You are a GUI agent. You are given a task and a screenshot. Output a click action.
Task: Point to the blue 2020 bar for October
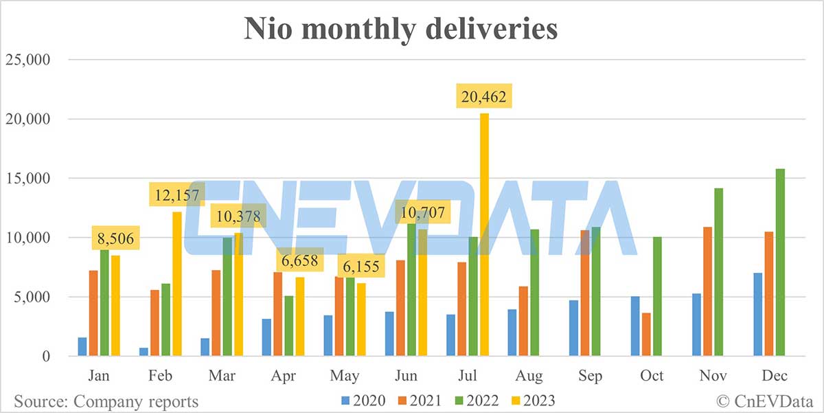coord(635,326)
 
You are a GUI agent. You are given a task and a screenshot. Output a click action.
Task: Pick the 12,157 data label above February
coord(176,196)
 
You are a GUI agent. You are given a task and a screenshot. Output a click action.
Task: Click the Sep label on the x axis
coord(590,376)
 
